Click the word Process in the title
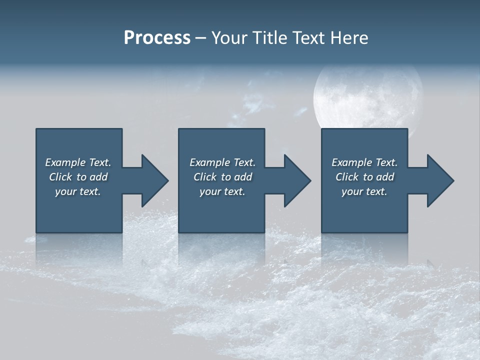(x=157, y=38)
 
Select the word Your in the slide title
(x=229, y=38)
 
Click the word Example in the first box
(x=65, y=162)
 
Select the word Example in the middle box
(x=210, y=162)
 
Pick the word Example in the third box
(x=352, y=162)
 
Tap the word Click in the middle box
(x=205, y=177)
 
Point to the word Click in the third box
(x=347, y=177)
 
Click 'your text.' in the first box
(x=78, y=191)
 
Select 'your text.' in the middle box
(x=222, y=191)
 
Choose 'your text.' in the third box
(x=364, y=191)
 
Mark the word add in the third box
(x=384, y=177)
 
